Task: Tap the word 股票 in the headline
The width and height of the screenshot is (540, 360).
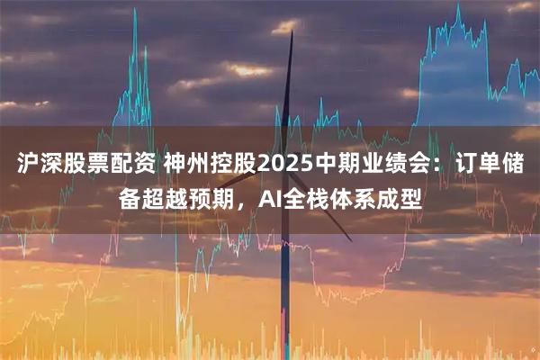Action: tap(81, 166)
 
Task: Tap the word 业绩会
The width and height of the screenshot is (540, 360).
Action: tap(396, 166)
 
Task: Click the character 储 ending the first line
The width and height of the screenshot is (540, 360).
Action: tap(517, 166)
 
